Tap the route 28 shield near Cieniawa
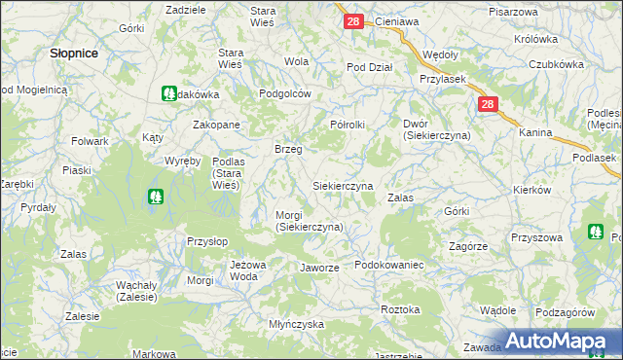[x=353, y=20]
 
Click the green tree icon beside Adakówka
[x=167, y=94]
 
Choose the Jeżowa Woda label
[x=248, y=270]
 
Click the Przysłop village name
[x=206, y=240]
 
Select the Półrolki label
[x=348, y=125]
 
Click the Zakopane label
[x=216, y=126]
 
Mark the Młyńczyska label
[x=296, y=324]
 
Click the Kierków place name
[x=560, y=191]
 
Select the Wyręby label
[x=182, y=160]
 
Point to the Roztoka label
[x=401, y=309]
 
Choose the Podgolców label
[x=284, y=93]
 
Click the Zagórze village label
[x=468, y=246]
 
